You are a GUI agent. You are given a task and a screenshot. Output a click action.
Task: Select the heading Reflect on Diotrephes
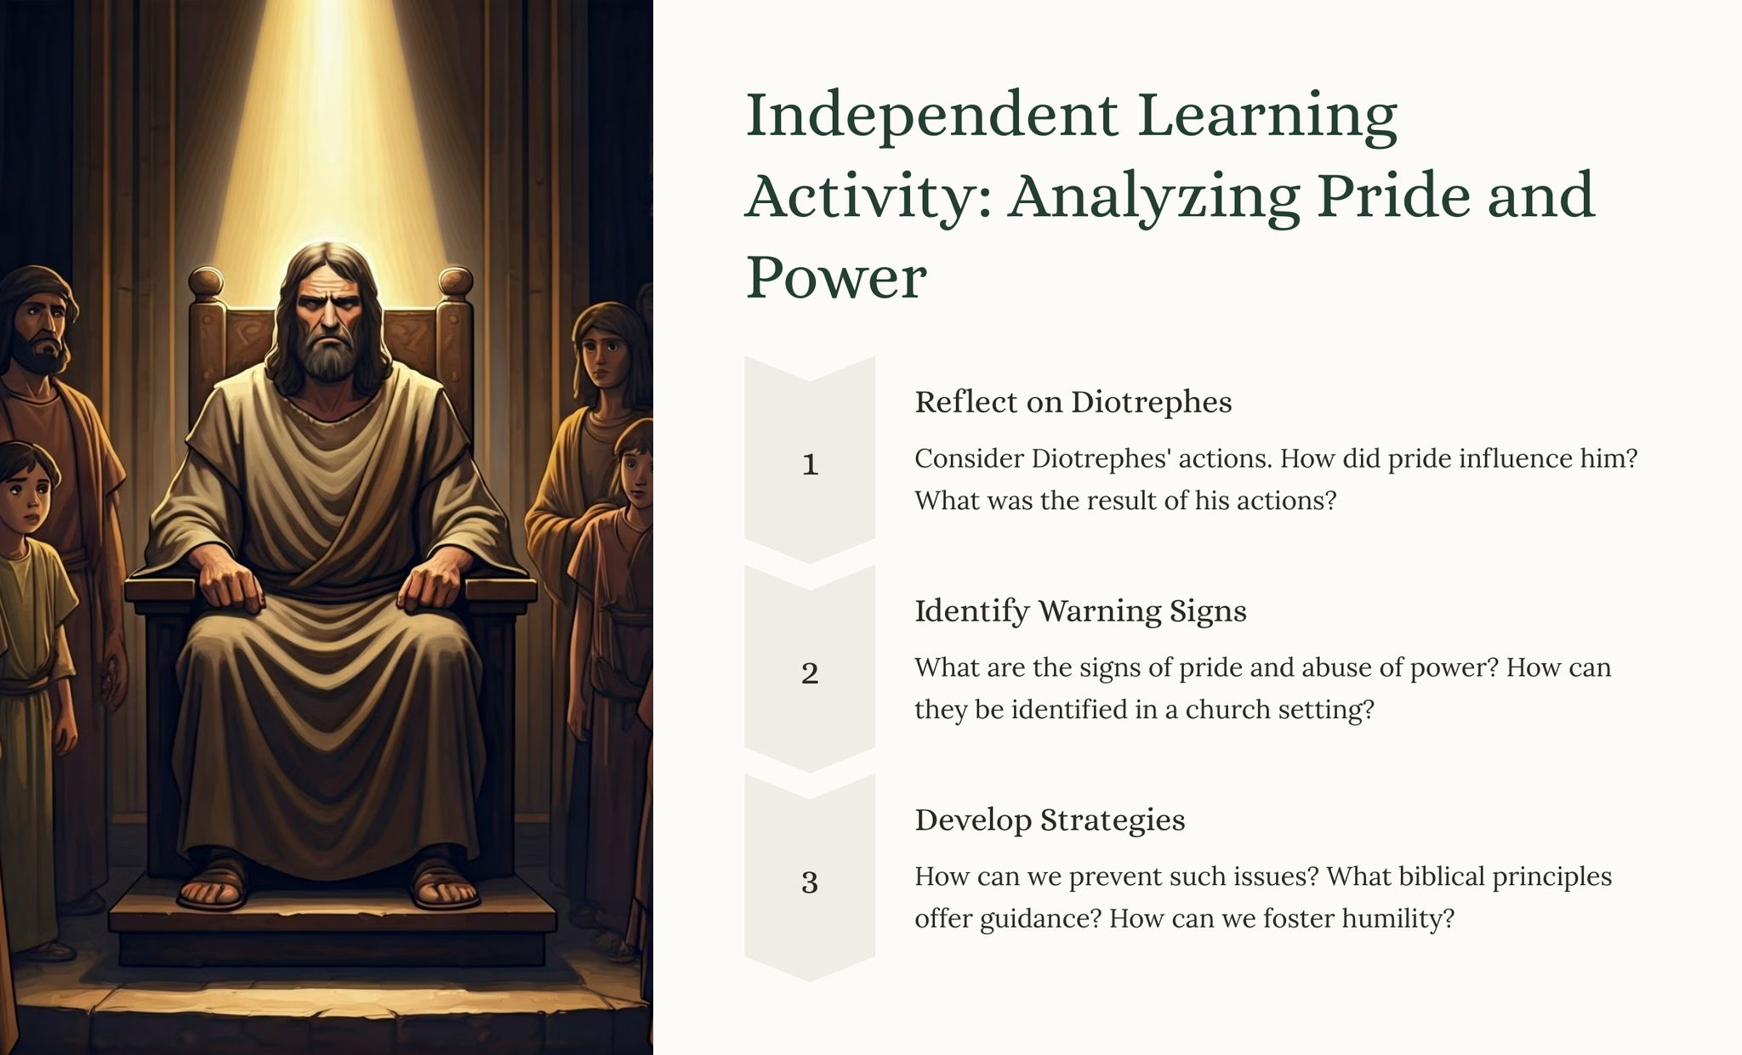pyautogui.click(x=1073, y=402)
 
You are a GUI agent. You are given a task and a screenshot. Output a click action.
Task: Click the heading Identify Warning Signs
pyautogui.click(x=1080, y=611)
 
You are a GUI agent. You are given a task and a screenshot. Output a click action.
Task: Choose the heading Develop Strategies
pyautogui.click(x=1050, y=820)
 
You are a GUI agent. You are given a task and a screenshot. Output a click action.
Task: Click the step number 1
pyautogui.click(x=810, y=464)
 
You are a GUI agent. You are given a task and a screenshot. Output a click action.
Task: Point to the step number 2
pyautogui.click(x=810, y=673)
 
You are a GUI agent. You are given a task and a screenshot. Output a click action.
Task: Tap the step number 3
pyautogui.click(x=810, y=882)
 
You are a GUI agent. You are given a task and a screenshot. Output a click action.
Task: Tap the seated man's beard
pyautogui.click(x=330, y=358)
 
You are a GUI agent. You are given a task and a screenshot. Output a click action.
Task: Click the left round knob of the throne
pyautogui.click(x=206, y=282)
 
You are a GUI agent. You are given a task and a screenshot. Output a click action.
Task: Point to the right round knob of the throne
pyautogui.click(x=455, y=282)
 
